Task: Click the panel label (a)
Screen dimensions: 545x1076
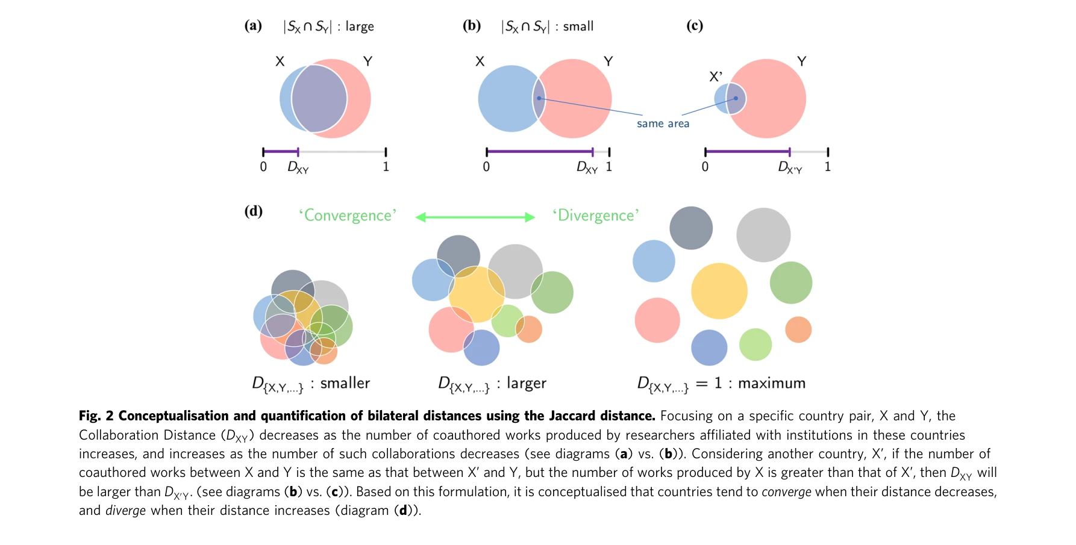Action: pyautogui.click(x=253, y=25)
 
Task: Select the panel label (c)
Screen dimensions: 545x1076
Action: pyautogui.click(x=695, y=25)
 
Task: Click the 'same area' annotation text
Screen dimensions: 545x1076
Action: pyautogui.click(x=663, y=123)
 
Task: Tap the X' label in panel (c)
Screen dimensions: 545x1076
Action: pyautogui.click(x=716, y=76)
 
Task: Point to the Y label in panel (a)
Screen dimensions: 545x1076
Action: pyautogui.click(x=368, y=61)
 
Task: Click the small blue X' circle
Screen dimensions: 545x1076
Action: pyautogui.click(x=721, y=98)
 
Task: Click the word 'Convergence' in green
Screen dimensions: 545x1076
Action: pyautogui.click(x=348, y=216)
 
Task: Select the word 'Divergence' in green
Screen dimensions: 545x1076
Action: pyautogui.click(x=596, y=216)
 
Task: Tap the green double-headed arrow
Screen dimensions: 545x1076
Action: pyautogui.click(x=475, y=217)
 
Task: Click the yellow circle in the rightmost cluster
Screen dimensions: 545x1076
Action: pyautogui.click(x=719, y=291)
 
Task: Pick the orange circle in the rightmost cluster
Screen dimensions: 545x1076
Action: pyautogui.click(x=798, y=329)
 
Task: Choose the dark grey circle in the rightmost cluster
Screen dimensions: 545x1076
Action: pyautogui.click(x=691, y=228)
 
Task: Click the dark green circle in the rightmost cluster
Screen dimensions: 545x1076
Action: pyautogui.click(x=791, y=282)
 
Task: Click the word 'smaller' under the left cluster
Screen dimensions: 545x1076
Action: pyautogui.click(x=345, y=383)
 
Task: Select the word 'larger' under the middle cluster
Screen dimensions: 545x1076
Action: pyautogui.click(x=526, y=383)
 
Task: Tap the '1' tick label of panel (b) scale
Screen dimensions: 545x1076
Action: pyautogui.click(x=609, y=167)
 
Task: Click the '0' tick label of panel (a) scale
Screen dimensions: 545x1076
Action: pyautogui.click(x=263, y=167)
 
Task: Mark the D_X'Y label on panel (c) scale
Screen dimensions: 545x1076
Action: pyautogui.click(x=790, y=167)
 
